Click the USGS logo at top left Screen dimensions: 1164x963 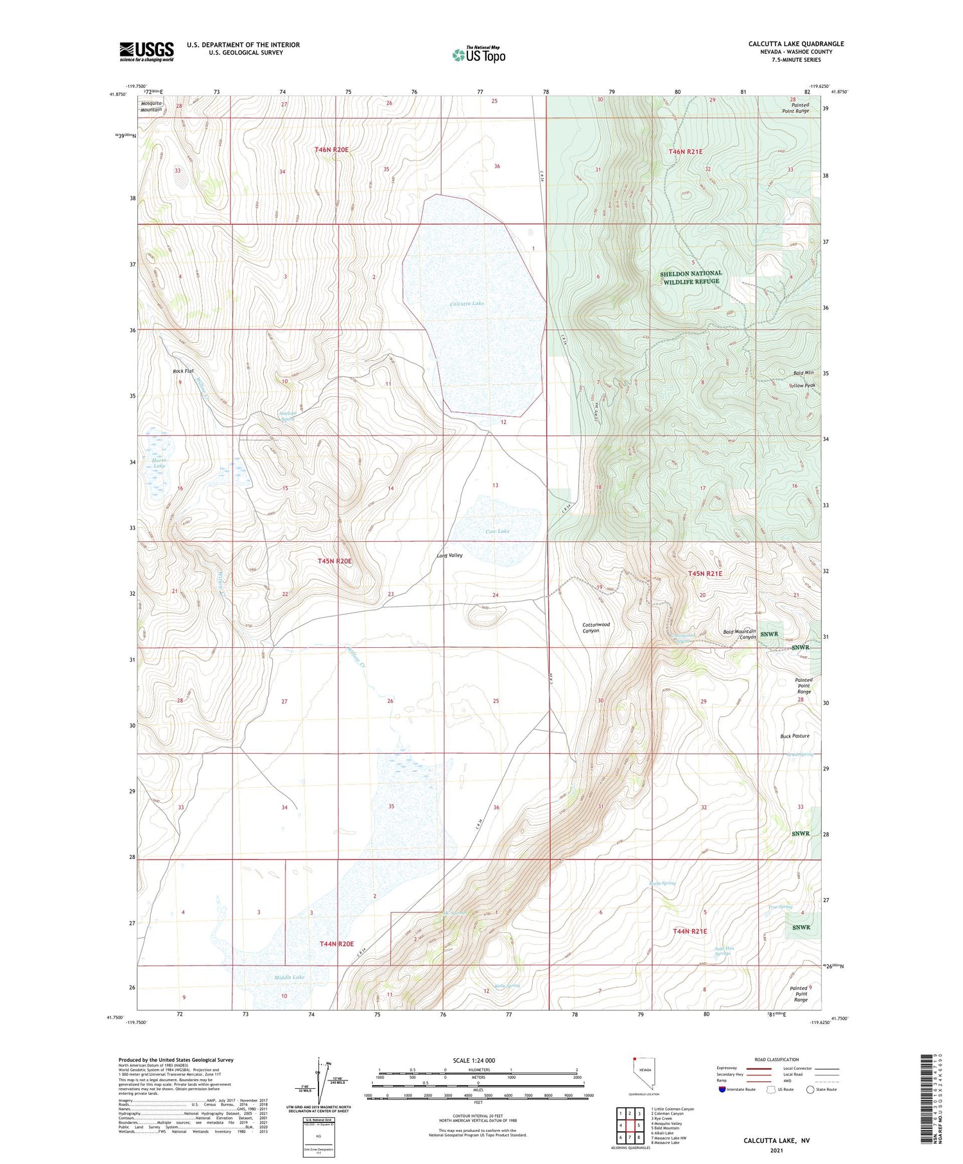coord(146,51)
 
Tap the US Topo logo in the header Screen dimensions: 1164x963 coord(478,55)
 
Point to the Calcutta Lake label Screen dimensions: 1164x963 coord(467,303)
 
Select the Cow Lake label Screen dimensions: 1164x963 coord(498,531)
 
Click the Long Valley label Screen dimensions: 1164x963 coord(449,555)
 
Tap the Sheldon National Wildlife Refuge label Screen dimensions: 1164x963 coord(691,277)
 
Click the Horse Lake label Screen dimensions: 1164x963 coord(159,462)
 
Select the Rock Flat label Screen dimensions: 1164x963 coord(183,371)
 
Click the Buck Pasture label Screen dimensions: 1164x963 coord(795,736)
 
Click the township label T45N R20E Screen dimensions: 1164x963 coord(334,560)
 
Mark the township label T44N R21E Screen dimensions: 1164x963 coord(690,931)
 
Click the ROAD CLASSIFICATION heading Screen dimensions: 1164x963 coord(777,1059)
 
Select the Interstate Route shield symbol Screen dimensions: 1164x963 coord(722,1090)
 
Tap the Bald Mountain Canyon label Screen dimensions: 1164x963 coord(740,634)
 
